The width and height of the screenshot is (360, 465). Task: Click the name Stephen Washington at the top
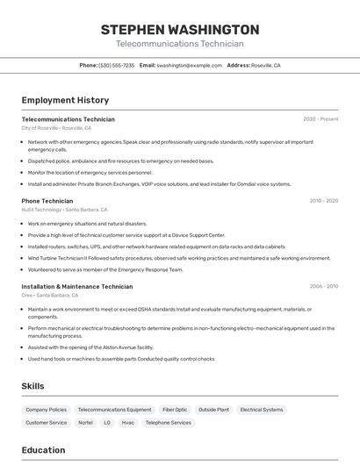click(180, 29)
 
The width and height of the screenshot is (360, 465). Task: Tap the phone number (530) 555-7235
click(117, 66)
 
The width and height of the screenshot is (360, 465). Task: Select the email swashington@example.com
click(189, 66)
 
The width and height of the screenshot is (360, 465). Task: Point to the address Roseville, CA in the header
click(266, 66)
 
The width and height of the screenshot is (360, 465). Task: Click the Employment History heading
click(65, 101)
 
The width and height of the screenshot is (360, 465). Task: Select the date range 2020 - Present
click(320, 119)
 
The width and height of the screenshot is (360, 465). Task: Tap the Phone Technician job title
click(47, 201)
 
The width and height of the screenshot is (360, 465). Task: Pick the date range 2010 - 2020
click(323, 201)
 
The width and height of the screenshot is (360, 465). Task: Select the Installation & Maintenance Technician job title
click(77, 287)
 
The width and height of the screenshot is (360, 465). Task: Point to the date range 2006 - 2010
click(323, 287)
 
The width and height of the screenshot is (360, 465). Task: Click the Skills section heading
click(32, 386)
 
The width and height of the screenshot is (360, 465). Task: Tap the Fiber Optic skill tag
click(175, 410)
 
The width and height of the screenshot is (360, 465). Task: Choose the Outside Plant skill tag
click(213, 410)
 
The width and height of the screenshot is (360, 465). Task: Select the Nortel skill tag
click(85, 423)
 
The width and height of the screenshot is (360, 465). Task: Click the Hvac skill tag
click(128, 423)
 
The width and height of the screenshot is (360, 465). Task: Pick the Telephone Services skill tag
click(169, 423)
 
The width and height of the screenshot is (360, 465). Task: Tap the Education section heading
click(43, 450)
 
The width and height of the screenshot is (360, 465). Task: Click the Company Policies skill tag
click(46, 410)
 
